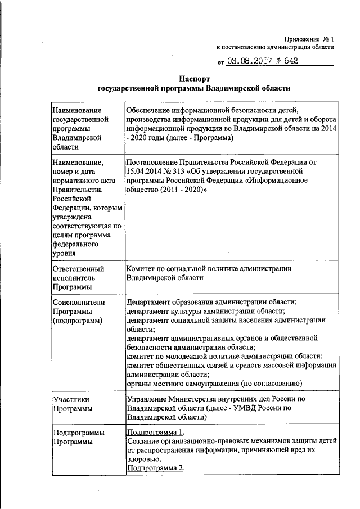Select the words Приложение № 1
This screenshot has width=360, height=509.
[309, 39]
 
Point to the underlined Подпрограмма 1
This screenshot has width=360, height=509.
[155, 432]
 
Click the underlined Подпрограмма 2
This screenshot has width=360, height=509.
[155, 468]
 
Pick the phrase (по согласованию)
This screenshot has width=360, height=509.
[272, 383]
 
